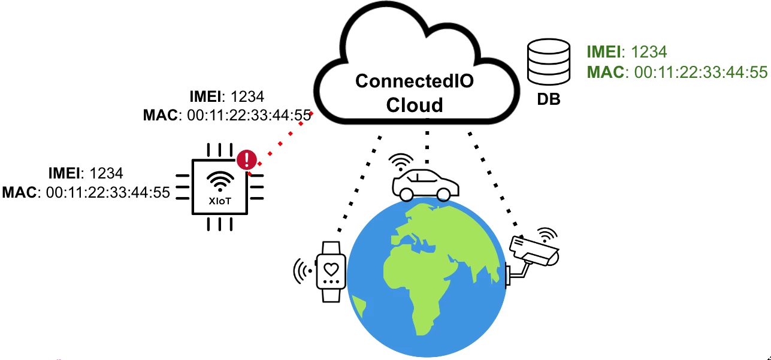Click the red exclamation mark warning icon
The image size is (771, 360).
(x=247, y=159)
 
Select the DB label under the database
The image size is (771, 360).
(x=548, y=100)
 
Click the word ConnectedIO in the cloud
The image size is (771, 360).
(x=415, y=81)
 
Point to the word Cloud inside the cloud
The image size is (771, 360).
(x=415, y=105)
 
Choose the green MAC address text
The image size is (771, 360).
(x=677, y=72)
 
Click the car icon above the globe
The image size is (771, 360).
(x=425, y=182)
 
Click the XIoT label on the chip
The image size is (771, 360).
(x=220, y=201)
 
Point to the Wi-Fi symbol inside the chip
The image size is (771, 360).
(x=220, y=180)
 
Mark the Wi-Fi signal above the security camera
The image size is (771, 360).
(x=546, y=234)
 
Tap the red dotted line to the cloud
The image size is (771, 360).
(x=282, y=140)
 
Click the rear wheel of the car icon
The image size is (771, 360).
(x=443, y=194)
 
